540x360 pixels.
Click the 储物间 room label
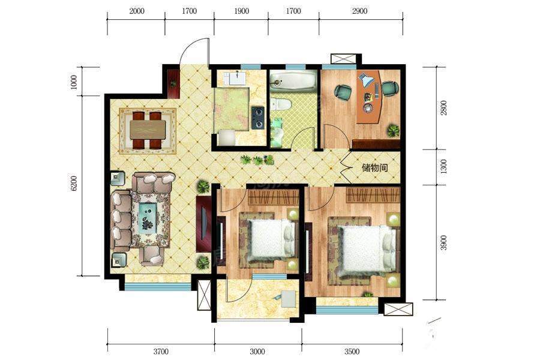[x=374, y=168]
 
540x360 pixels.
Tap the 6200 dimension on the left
[x=73, y=183]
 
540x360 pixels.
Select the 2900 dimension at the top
[x=359, y=11]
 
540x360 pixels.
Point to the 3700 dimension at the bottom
[x=160, y=352]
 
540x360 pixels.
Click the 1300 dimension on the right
[x=443, y=166]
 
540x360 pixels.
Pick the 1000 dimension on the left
[x=73, y=82]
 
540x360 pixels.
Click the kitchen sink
[x=236, y=78]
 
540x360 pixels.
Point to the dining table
[x=148, y=130]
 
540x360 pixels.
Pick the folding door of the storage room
[x=346, y=168]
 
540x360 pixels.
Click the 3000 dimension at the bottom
[x=257, y=352]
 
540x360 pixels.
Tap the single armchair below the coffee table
[x=152, y=256]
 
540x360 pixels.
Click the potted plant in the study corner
[x=393, y=131]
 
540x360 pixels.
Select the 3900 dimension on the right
[x=443, y=242]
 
